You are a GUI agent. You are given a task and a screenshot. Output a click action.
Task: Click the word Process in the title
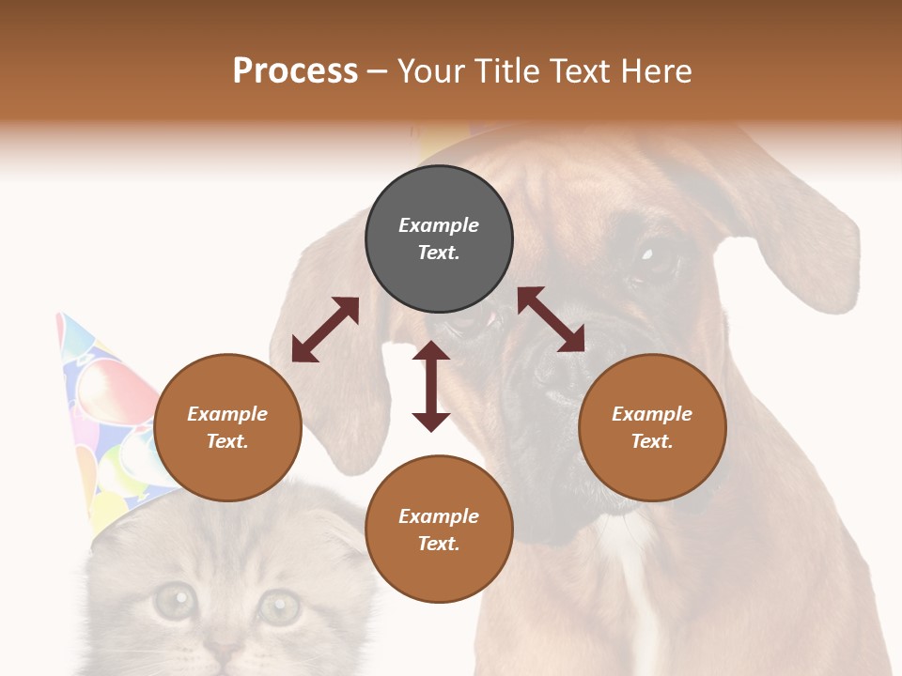coord(295,71)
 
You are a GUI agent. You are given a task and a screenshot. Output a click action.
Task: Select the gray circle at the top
coord(439,239)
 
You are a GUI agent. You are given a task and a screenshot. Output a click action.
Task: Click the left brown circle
coord(227,427)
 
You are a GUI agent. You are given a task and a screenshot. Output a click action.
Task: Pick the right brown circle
coord(652,427)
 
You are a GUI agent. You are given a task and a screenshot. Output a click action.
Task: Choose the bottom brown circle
coord(439,530)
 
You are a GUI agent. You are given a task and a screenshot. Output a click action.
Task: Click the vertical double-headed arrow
coord(431,386)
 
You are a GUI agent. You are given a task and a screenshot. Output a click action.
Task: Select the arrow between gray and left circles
coord(325,330)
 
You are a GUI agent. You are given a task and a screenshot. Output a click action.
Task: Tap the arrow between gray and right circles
coord(551,319)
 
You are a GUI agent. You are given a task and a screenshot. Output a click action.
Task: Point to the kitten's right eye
coord(279,606)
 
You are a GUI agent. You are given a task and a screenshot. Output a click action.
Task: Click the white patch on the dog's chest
coord(639,601)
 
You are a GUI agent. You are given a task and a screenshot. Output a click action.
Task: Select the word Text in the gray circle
coord(439,253)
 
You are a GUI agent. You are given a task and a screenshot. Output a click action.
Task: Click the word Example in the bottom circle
coord(439,516)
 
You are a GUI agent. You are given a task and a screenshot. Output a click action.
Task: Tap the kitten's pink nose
coord(225,649)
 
